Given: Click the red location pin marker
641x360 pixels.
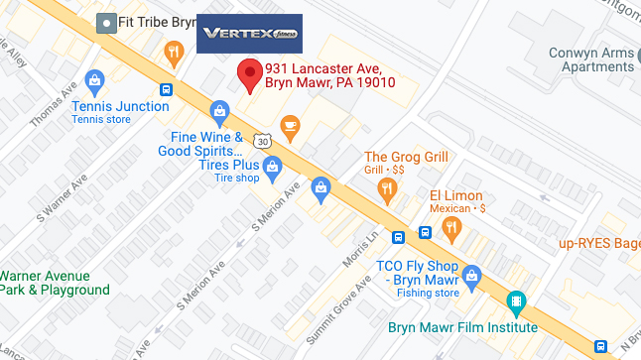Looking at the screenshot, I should pos(249,74).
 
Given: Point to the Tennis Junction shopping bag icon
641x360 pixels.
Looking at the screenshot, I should pos(95,78).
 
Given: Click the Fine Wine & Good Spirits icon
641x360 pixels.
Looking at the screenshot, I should pos(219,111).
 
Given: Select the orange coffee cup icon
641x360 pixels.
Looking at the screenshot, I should pos(290,125).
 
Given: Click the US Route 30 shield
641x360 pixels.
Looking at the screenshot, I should pos(261,140).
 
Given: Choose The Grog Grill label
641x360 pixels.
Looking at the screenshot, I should pos(406,157).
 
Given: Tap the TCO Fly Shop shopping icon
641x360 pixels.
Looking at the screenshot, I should pos(472,273).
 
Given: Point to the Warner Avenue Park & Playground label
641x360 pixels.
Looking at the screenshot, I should pos(55,283).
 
